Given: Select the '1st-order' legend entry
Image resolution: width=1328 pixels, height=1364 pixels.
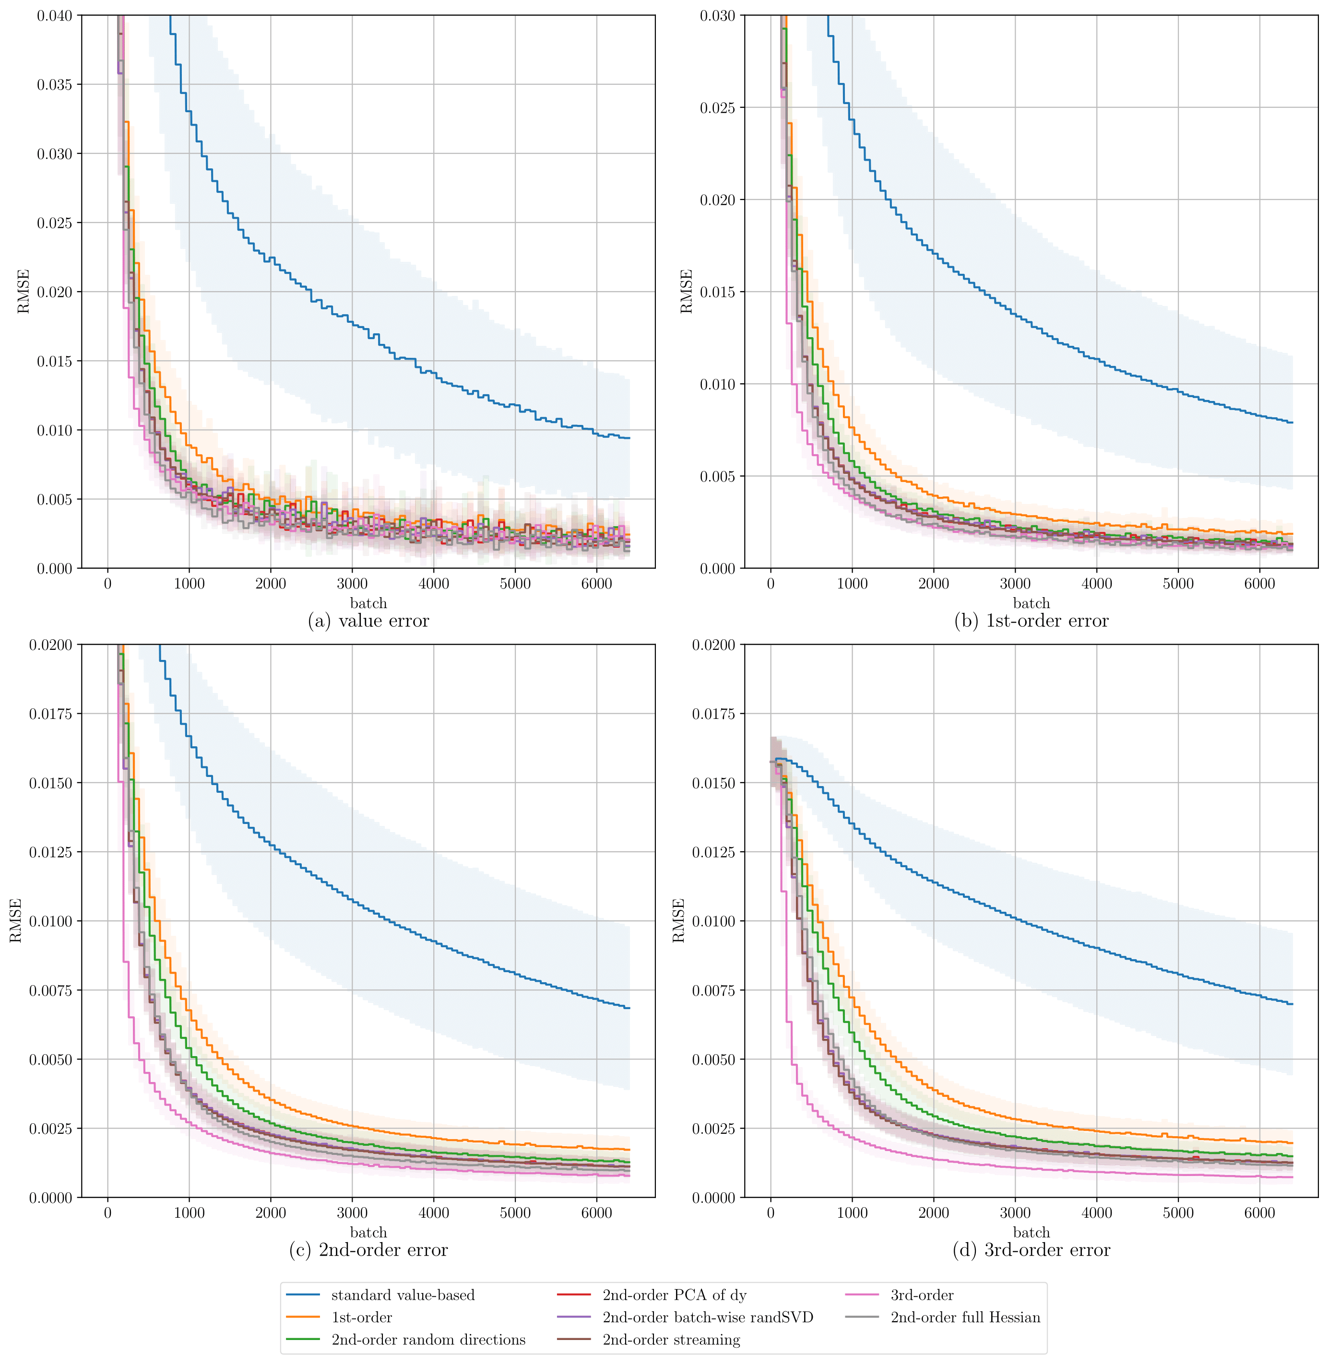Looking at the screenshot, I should pyautogui.click(x=361, y=1318).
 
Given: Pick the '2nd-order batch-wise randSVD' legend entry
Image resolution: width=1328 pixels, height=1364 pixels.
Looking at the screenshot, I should pyautogui.click(x=707, y=1318).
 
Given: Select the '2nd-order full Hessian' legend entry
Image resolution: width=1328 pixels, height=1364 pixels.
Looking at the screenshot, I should pyautogui.click(x=965, y=1318).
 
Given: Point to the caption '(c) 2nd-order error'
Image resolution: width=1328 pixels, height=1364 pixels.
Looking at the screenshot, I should pyautogui.click(x=368, y=1250).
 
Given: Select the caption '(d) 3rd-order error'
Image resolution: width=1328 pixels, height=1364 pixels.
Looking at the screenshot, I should pyautogui.click(x=1031, y=1250).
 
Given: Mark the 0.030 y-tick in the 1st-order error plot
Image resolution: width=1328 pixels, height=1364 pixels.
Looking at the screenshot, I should pyautogui.click(x=718, y=15).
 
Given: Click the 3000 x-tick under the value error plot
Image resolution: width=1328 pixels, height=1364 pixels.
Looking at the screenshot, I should pyautogui.click(x=352, y=584).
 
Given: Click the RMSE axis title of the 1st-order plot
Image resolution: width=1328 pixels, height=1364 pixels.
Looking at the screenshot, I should pyautogui.click(x=687, y=292).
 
